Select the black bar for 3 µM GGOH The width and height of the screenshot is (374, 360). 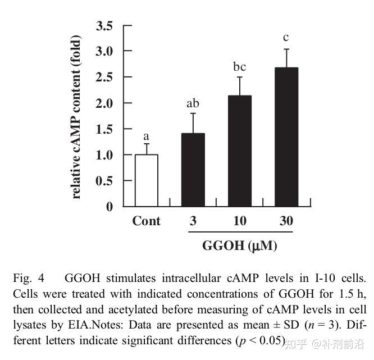point(193,170)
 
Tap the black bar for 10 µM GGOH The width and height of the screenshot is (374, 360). point(240,151)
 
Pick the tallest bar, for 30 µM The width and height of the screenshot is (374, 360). point(286,137)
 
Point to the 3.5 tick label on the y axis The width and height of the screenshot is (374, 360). point(104,25)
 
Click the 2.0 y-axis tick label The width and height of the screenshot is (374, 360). point(104,103)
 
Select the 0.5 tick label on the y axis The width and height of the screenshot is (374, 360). point(104,181)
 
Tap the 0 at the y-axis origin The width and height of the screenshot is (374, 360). point(110,207)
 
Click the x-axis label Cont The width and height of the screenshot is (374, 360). point(146,221)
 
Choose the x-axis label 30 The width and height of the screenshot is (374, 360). point(286,221)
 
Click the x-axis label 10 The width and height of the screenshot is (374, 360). point(240,221)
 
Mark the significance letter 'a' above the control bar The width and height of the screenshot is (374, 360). point(146,136)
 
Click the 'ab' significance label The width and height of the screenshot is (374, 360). point(193,103)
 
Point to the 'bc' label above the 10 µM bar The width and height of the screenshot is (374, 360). point(240,67)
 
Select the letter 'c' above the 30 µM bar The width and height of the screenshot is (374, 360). point(286,38)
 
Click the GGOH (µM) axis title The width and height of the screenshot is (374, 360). point(240,246)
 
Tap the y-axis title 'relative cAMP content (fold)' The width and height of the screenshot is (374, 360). point(76,117)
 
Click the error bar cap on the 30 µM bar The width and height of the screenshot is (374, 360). point(286,49)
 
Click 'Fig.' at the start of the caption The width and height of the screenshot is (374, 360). point(22,279)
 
